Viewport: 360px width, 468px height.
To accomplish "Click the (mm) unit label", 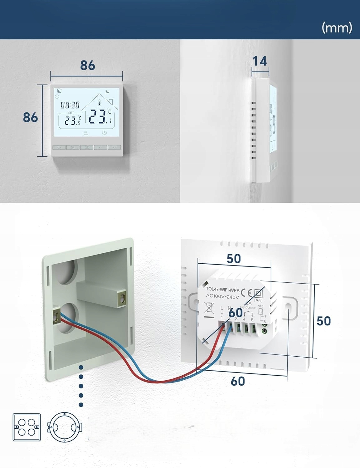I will click(x=337, y=28).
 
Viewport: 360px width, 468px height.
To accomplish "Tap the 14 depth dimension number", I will click(x=260, y=61).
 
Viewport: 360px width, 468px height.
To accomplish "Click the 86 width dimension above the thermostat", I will click(x=87, y=65).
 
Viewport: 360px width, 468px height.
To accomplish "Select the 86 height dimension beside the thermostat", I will click(x=30, y=117).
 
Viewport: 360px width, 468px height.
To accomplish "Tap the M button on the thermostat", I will click(x=73, y=147).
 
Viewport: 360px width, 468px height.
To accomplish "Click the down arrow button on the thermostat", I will click(x=114, y=147).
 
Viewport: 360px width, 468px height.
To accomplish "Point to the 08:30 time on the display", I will click(x=70, y=105).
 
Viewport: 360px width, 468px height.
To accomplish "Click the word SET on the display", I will click(x=71, y=113).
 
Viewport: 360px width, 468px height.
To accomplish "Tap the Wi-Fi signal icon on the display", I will click(x=107, y=92).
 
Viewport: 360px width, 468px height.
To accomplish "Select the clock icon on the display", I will click(x=104, y=133).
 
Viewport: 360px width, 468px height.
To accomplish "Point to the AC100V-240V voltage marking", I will click(x=222, y=296).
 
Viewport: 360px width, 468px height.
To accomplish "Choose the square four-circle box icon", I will click(x=27, y=427).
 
